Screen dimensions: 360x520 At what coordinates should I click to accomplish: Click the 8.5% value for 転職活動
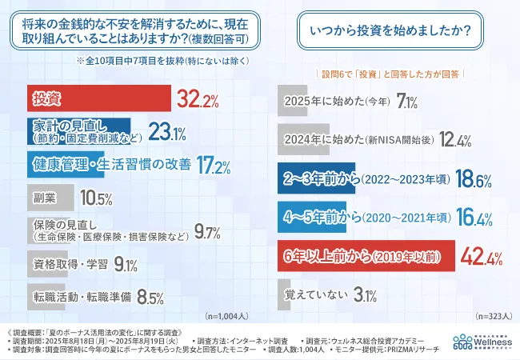(x=150, y=298)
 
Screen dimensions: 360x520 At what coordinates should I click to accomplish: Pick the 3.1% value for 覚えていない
(x=364, y=294)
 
